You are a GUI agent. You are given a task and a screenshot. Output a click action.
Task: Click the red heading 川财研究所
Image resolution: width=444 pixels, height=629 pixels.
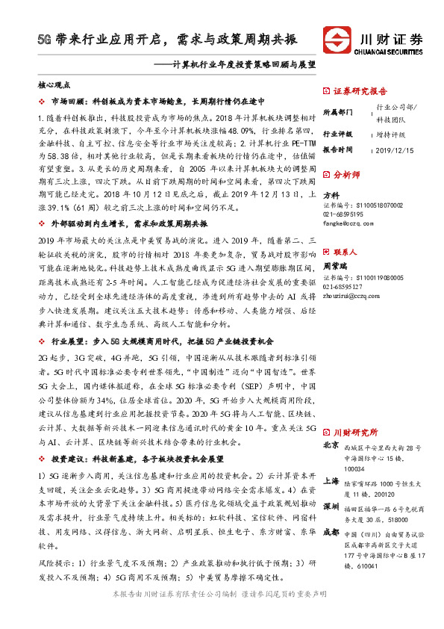(355, 432)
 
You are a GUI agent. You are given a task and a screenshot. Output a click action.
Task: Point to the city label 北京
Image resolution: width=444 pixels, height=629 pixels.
(331, 446)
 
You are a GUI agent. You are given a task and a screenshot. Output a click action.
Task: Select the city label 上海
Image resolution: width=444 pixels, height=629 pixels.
(331, 482)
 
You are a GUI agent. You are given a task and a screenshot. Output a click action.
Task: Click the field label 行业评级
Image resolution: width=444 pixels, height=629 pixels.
(338, 134)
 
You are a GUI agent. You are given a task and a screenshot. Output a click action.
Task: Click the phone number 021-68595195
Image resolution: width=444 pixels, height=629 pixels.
(343, 214)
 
